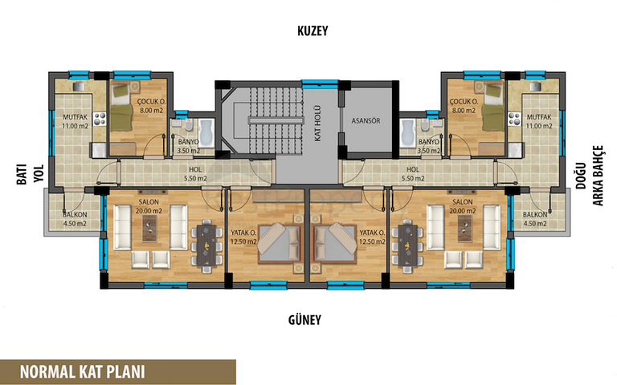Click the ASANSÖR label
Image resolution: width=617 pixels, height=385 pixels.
[366, 120]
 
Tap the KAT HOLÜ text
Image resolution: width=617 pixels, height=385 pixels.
[317, 124]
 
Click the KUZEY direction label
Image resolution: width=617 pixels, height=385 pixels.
[313, 31]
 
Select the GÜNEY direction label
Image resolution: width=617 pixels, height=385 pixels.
[304, 320]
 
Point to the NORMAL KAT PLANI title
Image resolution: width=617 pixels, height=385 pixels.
[82, 371]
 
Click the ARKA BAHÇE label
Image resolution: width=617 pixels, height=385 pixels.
[598, 175]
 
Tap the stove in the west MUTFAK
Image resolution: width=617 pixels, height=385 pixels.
[100, 119]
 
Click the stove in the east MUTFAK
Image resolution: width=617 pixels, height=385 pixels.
[514, 119]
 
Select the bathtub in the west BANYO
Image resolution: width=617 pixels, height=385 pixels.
[206, 133]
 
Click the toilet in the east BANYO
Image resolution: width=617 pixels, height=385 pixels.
[424, 125]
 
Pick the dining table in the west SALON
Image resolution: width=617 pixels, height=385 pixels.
[206, 244]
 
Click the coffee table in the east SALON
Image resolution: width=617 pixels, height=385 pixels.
[464, 229]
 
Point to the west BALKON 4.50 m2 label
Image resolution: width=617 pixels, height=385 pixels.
[75, 219]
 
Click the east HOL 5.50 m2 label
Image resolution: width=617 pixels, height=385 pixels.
[413, 173]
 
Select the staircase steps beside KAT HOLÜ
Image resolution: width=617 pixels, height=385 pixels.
[276, 120]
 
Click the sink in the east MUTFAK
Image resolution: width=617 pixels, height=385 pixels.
[535, 87]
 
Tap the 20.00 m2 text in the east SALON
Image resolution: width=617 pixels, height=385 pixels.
[463, 211]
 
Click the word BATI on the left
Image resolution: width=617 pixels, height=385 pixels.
[22, 174]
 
